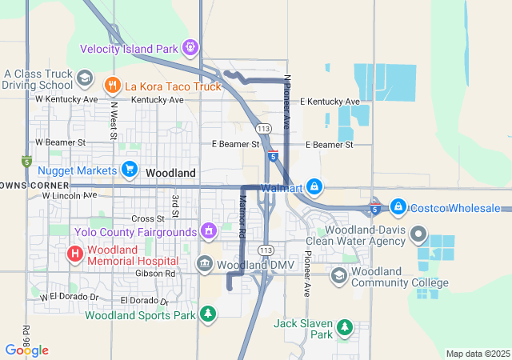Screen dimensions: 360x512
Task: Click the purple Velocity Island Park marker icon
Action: click(190, 48)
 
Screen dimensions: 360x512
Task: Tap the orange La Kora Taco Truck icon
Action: click(112, 83)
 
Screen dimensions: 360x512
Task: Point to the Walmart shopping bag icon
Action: click(314, 187)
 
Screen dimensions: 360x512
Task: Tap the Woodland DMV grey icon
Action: click(204, 264)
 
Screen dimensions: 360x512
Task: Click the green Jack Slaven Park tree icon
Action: click(344, 326)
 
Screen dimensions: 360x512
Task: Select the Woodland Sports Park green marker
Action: click(208, 314)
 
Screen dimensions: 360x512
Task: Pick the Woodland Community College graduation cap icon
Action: click(339, 274)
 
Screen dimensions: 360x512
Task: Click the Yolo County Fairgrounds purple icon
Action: click(209, 232)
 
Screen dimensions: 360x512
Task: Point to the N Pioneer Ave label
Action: click(286, 101)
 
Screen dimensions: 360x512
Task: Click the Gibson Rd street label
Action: click(159, 273)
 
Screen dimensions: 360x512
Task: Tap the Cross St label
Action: click(147, 218)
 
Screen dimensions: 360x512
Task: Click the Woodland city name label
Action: click(170, 173)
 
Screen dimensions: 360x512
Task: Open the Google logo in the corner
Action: click(26, 350)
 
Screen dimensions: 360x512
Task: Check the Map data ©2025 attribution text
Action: click(477, 354)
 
